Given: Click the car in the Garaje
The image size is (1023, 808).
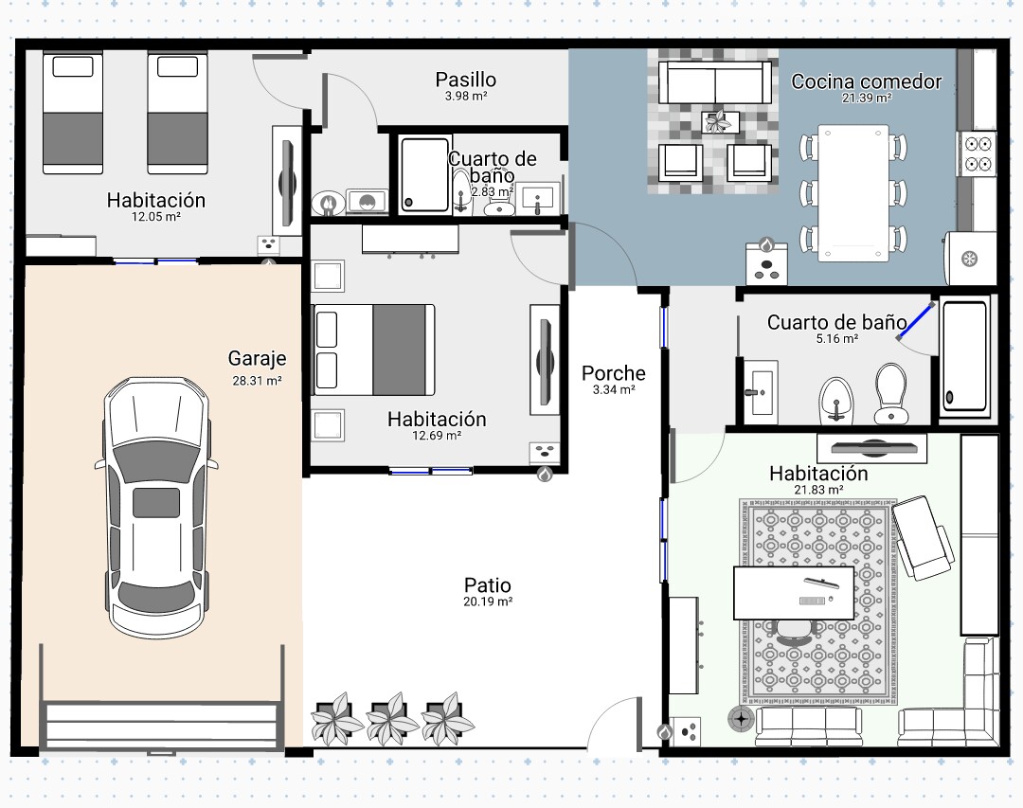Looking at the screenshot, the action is click(156, 507).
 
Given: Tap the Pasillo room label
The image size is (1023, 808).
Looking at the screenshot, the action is click(466, 80).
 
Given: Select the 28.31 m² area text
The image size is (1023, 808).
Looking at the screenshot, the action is click(257, 381).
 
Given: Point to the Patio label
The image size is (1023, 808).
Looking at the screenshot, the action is click(488, 584).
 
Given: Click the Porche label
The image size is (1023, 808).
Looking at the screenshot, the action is click(613, 372).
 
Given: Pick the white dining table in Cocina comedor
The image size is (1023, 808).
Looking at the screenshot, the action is click(853, 193).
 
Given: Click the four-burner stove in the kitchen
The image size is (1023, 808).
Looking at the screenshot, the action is click(978, 153).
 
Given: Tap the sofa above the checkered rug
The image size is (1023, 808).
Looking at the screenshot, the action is click(716, 83).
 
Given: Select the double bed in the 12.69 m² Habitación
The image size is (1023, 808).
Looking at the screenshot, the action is click(374, 350).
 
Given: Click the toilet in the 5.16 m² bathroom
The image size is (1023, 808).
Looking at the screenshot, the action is click(890, 393).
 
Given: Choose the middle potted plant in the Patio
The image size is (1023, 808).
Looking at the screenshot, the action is click(391, 719).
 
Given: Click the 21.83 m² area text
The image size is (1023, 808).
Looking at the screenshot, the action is click(818, 490).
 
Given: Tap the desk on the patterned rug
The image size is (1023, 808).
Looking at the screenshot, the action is click(794, 593).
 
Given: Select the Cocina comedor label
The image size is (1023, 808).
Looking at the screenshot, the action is click(867, 81).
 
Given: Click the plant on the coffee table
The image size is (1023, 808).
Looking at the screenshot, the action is click(720, 121).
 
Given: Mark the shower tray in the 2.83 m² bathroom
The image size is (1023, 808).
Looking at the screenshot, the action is click(424, 175).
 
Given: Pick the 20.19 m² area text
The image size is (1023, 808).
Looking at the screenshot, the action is click(488, 602).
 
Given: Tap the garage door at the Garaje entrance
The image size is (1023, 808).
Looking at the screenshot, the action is click(162, 726).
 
